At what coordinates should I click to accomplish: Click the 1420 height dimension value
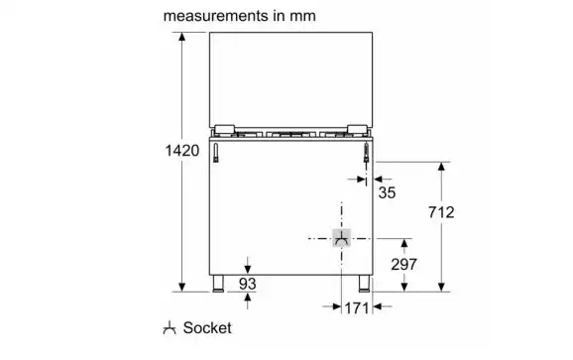coord(182,151)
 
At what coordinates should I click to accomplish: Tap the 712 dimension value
coord(441,212)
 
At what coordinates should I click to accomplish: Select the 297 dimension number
coord(403,264)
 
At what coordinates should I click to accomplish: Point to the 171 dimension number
coord(357,308)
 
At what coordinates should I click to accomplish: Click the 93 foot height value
coord(248,284)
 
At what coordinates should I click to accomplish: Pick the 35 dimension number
coord(387,192)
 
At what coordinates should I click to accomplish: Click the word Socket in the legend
coord(207,328)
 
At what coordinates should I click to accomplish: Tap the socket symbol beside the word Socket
coord(170,328)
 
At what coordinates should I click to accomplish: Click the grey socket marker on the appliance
coord(341,238)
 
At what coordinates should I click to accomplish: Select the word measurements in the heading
coord(215,16)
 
